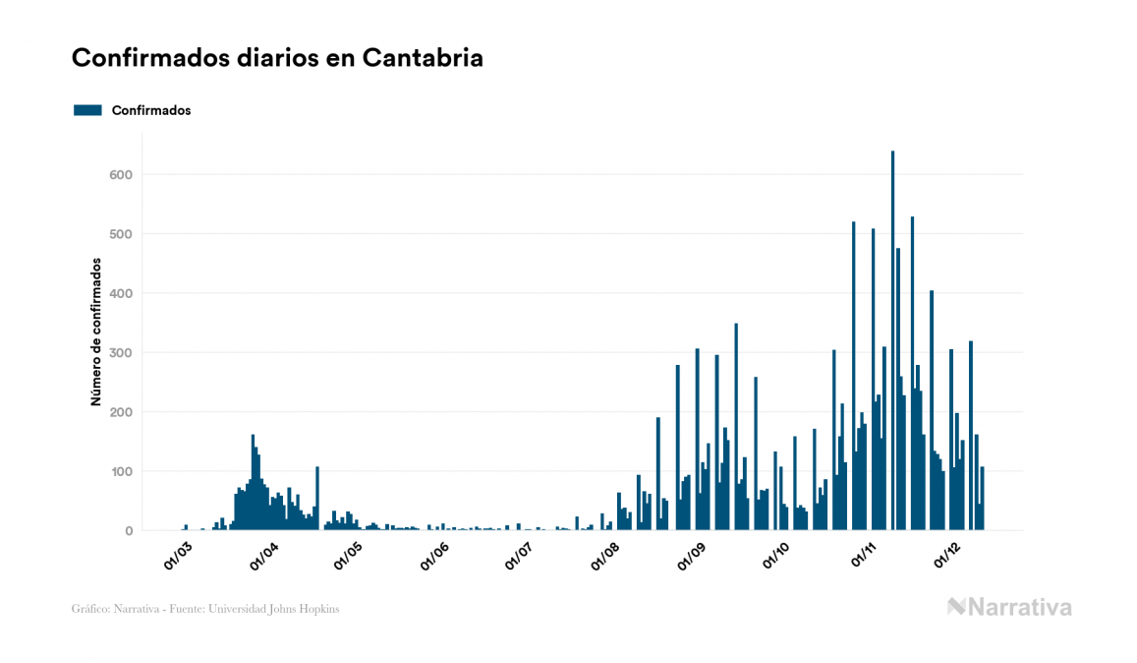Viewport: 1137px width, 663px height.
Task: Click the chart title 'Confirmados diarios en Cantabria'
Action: tap(277, 58)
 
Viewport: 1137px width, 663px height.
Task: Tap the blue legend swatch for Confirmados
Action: tap(87, 110)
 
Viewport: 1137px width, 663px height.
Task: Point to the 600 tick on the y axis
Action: tap(121, 175)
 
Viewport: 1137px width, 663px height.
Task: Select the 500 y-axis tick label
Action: tap(121, 234)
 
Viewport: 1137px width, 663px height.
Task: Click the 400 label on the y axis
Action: tap(121, 293)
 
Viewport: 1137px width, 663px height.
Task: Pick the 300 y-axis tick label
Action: tap(121, 353)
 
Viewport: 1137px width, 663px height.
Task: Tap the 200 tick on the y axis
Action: tap(121, 412)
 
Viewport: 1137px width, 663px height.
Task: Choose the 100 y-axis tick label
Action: tap(121, 472)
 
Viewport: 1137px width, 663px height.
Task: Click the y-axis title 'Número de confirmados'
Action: tap(96, 331)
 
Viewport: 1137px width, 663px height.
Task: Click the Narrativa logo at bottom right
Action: tap(1009, 607)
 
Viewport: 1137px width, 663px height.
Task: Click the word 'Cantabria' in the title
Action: tap(423, 58)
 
